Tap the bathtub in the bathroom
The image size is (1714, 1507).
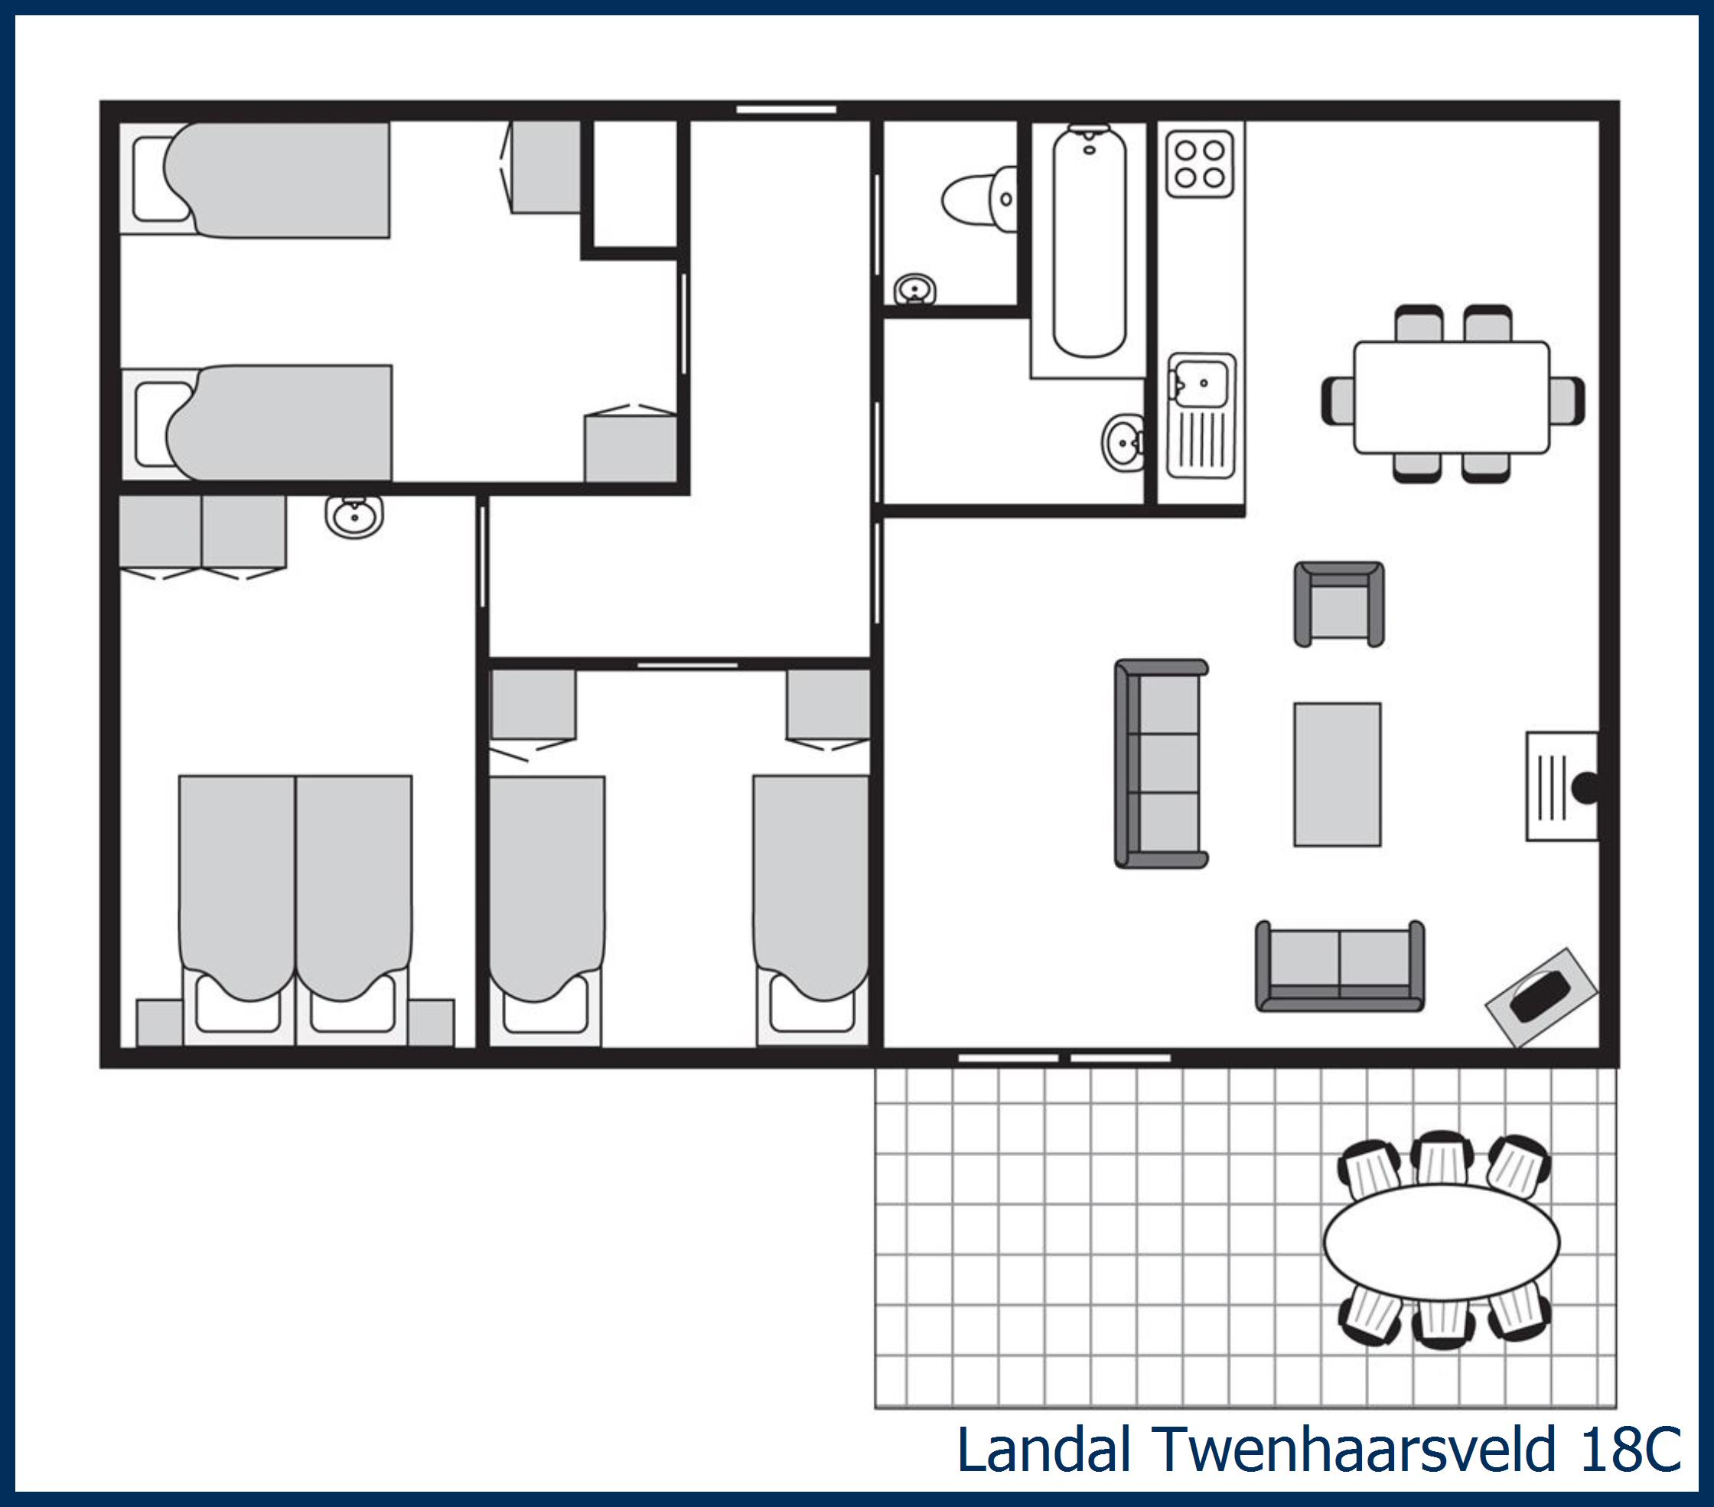pos(1088,243)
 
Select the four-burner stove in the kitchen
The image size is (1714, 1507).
pos(1199,164)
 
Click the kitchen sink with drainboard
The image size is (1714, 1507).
pos(1201,415)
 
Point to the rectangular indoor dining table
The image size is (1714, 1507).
pos(1452,397)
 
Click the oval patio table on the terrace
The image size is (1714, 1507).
pos(1441,1242)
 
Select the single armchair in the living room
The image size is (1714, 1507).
pos(1338,604)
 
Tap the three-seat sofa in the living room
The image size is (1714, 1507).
pos(1162,763)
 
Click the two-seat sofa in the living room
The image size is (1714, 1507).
pos(1339,965)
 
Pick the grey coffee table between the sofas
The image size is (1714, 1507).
pos(1337,774)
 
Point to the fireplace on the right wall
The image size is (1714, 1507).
pos(1562,786)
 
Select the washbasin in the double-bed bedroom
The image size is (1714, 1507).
pos(355,516)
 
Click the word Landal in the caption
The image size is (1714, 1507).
pos(1044,1449)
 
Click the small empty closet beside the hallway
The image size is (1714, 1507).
pos(635,184)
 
